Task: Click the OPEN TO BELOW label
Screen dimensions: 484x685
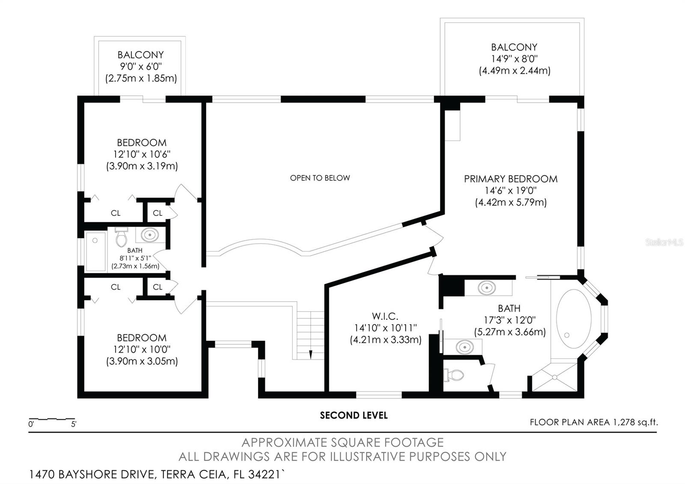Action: [320, 178]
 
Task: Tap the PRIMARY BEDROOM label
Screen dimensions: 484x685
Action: [510, 179]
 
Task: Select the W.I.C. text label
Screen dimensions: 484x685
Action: [385, 316]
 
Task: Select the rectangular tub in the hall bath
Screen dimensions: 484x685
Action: [95, 251]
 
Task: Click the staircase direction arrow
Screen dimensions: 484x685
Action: [310, 354]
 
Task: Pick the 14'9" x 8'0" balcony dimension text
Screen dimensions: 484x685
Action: [514, 59]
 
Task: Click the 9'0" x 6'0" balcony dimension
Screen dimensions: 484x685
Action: [141, 66]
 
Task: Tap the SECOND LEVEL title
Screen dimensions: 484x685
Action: [354, 415]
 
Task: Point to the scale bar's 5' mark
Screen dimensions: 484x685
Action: [74, 424]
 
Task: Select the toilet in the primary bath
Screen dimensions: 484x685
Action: [455, 376]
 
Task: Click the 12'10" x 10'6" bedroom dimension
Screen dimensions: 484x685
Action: [142, 154]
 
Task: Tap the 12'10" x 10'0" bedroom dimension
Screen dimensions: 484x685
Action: [142, 349]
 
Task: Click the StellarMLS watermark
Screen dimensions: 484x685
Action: [664, 242]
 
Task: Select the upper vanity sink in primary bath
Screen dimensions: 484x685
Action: [487, 287]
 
